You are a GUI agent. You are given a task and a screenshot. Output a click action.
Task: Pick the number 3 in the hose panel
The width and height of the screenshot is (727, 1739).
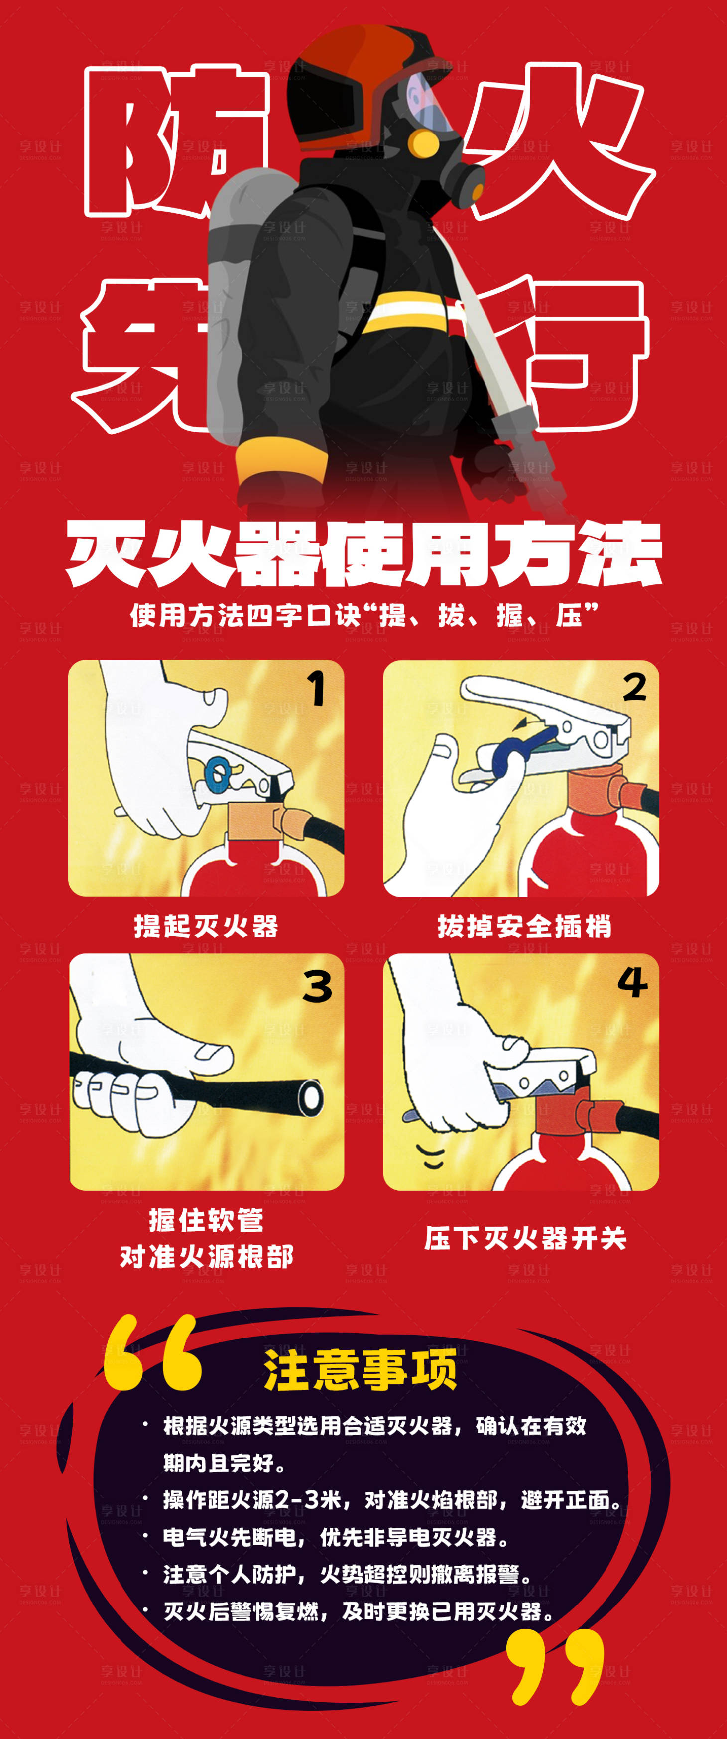pyautogui.click(x=317, y=987)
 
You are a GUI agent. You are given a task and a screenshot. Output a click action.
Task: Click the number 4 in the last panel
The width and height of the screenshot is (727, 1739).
pyautogui.click(x=632, y=982)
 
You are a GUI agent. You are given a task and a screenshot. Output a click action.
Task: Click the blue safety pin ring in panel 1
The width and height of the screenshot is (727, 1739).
pyautogui.click(x=218, y=773)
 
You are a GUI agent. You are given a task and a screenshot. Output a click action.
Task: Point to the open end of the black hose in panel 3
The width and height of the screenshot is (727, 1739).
pyautogui.click(x=311, y=1097)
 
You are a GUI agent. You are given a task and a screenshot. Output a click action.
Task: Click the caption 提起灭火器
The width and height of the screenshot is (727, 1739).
pyautogui.click(x=206, y=926)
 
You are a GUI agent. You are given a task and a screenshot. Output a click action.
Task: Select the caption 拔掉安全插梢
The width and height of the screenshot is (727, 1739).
pyautogui.click(x=524, y=926)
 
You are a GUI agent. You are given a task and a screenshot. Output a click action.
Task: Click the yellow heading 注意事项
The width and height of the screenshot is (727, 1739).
pyautogui.click(x=361, y=1370)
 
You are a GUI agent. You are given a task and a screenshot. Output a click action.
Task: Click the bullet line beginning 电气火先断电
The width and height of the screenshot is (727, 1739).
pyautogui.click(x=336, y=1537)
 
